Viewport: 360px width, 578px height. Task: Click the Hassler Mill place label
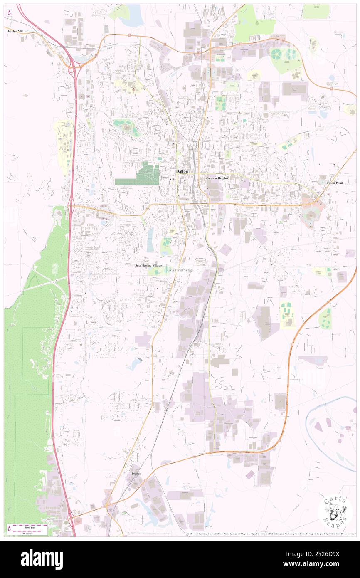pos(15,31)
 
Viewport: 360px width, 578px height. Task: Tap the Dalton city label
pos(182,171)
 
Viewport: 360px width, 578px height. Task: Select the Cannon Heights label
pos(217,178)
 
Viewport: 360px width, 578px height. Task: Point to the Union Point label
pos(335,183)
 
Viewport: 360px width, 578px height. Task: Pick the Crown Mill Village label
pos(180,270)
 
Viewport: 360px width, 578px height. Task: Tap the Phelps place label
pos(136,474)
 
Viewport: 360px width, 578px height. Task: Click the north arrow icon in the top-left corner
pos(9,12)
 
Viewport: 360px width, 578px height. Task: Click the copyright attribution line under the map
pos(266,534)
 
